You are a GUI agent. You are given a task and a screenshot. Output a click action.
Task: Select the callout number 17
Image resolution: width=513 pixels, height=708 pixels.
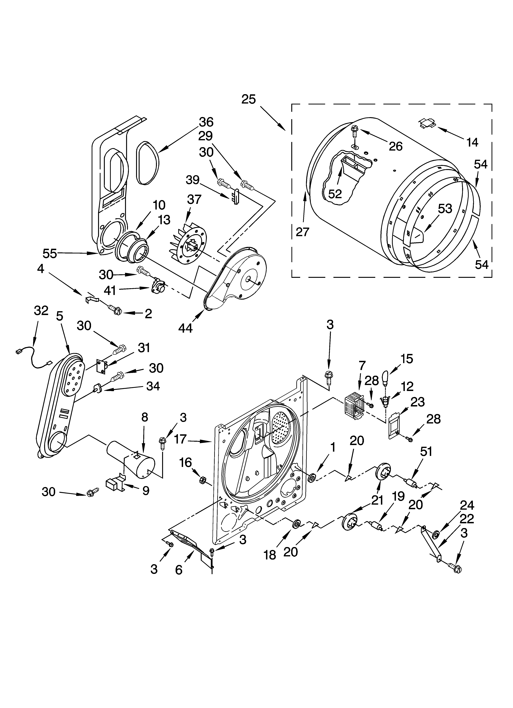tap(180, 439)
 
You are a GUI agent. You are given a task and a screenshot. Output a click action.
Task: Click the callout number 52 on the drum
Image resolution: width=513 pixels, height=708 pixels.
tap(335, 194)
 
